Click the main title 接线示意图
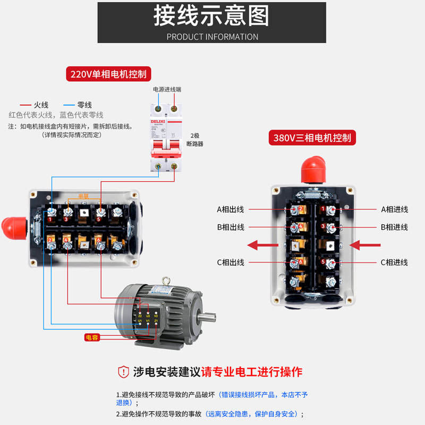click(x=211, y=16)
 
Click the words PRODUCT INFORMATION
click(x=212, y=37)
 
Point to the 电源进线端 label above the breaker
click(x=167, y=89)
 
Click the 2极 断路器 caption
click(x=195, y=140)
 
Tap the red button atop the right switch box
click(x=312, y=169)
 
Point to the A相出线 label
click(x=230, y=209)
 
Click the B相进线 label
click(x=394, y=227)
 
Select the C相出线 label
click(x=230, y=262)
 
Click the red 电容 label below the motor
click(x=92, y=337)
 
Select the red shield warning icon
click(x=123, y=371)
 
